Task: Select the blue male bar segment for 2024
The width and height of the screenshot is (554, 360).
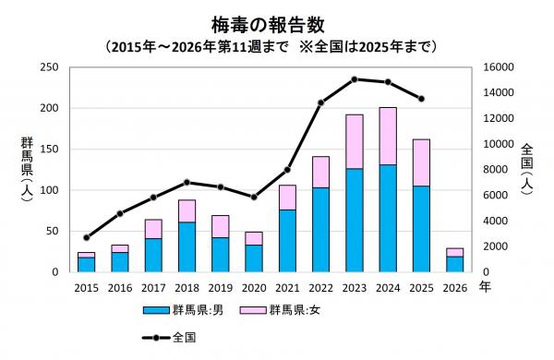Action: [x=388, y=218]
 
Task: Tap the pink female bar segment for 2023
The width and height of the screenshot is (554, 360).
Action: [x=355, y=141]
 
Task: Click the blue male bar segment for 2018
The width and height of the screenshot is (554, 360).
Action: [x=187, y=246]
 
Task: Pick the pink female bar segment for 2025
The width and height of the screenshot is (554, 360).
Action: [x=421, y=162]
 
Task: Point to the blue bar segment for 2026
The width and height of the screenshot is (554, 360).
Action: [x=455, y=264]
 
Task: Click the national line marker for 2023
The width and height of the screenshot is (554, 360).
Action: [x=355, y=79]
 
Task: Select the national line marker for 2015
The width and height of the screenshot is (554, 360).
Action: [x=86, y=237]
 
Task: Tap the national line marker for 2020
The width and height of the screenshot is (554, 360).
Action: [x=254, y=198]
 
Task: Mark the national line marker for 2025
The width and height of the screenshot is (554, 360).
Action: [x=421, y=99]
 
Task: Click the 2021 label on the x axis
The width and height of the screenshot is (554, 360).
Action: [x=287, y=288]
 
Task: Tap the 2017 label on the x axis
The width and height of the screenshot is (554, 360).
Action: [x=153, y=288]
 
